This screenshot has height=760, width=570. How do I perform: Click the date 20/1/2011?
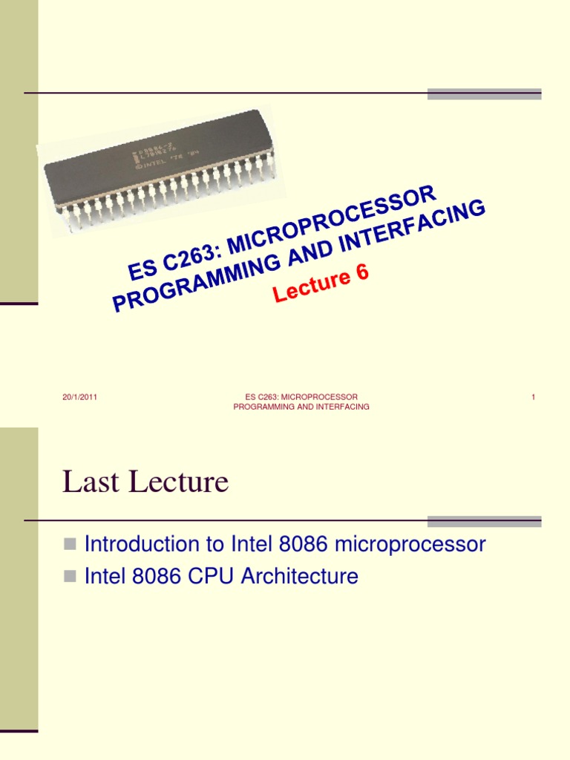[x=80, y=397]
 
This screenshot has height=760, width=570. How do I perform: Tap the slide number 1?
[x=533, y=397]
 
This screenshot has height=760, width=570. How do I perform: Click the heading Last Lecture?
[x=145, y=483]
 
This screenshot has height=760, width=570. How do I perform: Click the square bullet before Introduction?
[x=71, y=544]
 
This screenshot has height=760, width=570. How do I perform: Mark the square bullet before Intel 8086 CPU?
[x=71, y=576]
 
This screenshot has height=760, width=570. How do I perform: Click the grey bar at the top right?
[x=484, y=94]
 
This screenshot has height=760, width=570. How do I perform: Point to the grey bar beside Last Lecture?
[x=484, y=521]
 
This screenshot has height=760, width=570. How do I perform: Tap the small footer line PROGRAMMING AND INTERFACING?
[x=301, y=407]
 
